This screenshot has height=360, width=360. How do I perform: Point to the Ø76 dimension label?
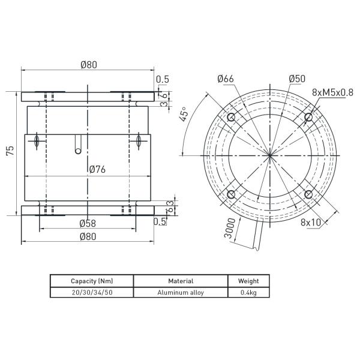[x=97, y=170]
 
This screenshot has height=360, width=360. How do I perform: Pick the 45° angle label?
[x=184, y=113]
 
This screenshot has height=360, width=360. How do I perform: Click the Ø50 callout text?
[x=297, y=79]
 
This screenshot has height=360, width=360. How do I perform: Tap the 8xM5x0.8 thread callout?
[x=333, y=92]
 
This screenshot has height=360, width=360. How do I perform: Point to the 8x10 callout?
[x=311, y=222]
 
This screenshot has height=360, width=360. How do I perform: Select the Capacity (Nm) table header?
[x=92, y=281]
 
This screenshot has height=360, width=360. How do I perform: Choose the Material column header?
[x=181, y=281]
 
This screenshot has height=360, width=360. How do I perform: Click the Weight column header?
[x=248, y=281]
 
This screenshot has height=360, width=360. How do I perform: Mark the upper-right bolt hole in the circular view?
[x=308, y=116]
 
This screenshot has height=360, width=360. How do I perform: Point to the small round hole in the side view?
[x=77, y=151]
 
